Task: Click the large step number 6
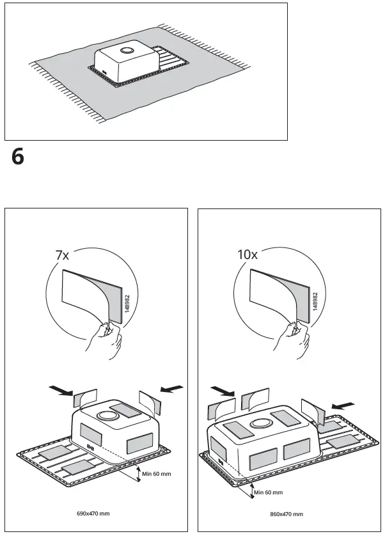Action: click(x=18, y=157)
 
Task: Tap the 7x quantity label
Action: click(x=61, y=255)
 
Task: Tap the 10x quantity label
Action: click(x=247, y=255)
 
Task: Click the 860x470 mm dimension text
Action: click(x=286, y=514)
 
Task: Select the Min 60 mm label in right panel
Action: click(x=268, y=492)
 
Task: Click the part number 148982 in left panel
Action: click(x=128, y=300)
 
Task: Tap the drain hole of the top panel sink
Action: click(x=127, y=51)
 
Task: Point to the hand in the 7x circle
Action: click(x=106, y=342)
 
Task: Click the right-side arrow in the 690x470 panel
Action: click(x=173, y=388)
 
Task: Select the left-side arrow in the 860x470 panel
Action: click(x=221, y=389)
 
